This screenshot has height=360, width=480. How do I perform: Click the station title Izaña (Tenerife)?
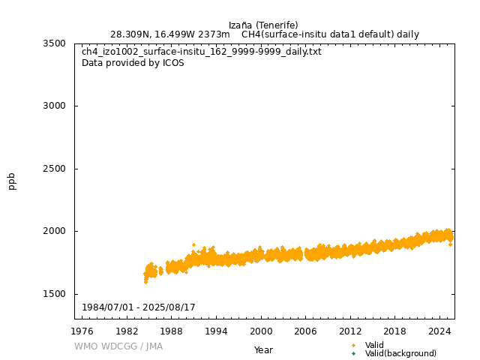click(x=263, y=25)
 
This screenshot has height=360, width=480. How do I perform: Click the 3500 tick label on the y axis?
click(x=53, y=43)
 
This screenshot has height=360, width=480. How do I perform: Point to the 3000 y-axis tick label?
click(x=53, y=106)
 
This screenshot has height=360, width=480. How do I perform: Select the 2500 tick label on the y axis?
click(x=53, y=169)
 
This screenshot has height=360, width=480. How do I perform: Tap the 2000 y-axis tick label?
click(x=53, y=231)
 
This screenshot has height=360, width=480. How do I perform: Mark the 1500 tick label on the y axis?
click(x=53, y=294)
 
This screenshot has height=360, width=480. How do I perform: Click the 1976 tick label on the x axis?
click(x=82, y=331)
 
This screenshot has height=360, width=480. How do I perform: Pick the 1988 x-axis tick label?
click(x=172, y=331)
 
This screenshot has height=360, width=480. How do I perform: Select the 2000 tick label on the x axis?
click(x=261, y=331)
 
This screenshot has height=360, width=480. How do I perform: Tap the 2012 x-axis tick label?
click(x=350, y=331)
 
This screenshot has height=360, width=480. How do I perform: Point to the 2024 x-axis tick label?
click(x=439, y=331)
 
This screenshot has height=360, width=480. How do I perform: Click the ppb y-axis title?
click(x=12, y=181)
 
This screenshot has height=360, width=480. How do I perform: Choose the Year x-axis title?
click(x=263, y=349)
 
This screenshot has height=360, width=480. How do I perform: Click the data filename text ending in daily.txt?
click(x=201, y=52)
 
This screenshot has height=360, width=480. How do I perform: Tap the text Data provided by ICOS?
click(x=133, y=63)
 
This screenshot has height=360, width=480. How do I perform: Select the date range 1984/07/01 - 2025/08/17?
click(x=139, y=308)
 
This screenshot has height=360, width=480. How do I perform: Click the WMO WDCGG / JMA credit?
click(x=118, y=346)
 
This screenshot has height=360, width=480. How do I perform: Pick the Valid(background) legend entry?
click(x=400, y=353)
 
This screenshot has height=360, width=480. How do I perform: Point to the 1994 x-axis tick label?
click(x=217, y=331)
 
